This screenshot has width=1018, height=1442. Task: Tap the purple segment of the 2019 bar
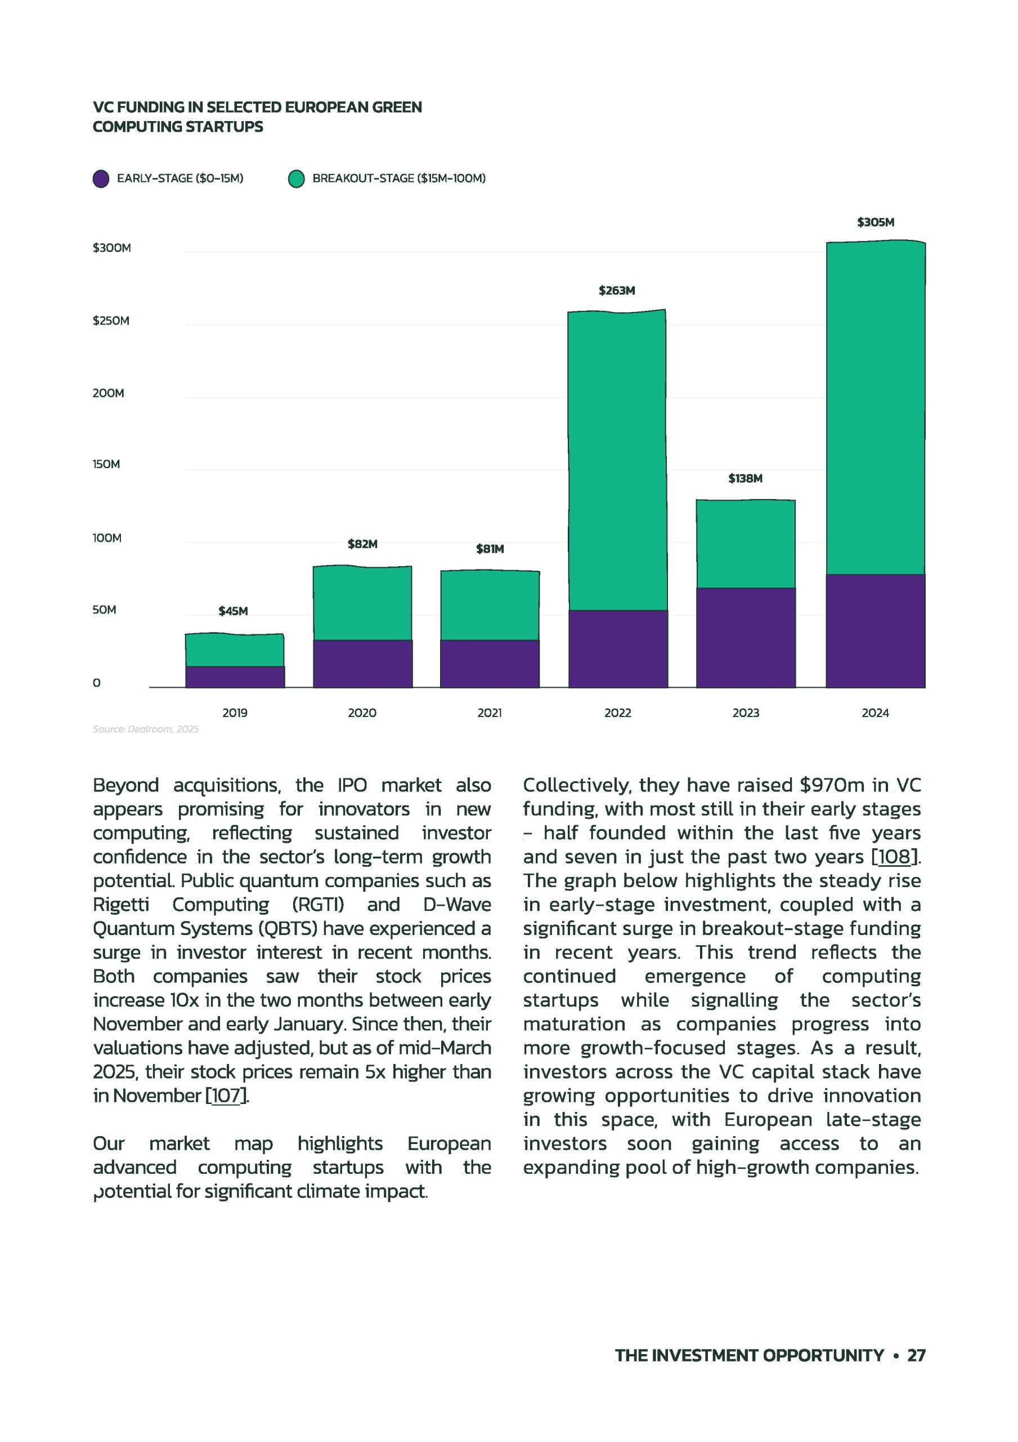pyautogui.click(x=235, y=677)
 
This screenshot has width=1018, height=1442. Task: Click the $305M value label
pyautogui.click(x=876, y=222)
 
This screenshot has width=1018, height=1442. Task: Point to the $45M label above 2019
pyautogui.click(x=233, y=611)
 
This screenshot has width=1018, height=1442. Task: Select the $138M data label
pyautogui.click(x=745, y=479)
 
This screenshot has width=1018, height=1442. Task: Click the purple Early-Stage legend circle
pyautogui.click(x=101, y=179)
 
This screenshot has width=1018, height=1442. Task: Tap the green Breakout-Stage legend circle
pyautogui.click(x=296, y=179)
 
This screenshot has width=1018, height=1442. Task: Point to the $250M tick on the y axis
pyautogui.click(x=111, y=321)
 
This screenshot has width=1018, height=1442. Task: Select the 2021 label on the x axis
pyautogui.click(x=490, y=713)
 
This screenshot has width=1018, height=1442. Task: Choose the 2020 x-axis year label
pyautogui.click(x=362, y=713)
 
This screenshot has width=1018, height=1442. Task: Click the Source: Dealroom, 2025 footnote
pyautogui.click(x=146, y=729)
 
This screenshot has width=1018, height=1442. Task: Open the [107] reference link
pyautogui.click(x=227, y=1096)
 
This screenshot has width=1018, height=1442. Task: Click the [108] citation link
pyautogui.click(x=894, y=857)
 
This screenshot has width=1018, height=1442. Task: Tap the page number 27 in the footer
pyautogui.click(x=916, y=1355)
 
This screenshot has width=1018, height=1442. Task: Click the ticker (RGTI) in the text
pyautogui.click(x=318, y=905)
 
